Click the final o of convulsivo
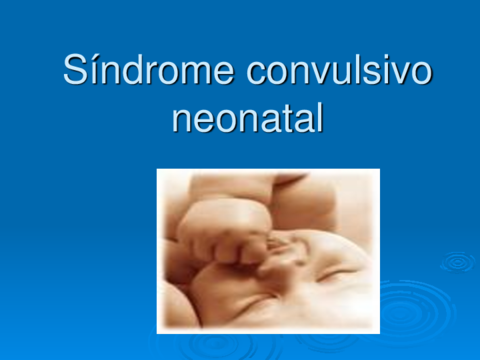(423, 76)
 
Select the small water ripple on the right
(458, 262)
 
